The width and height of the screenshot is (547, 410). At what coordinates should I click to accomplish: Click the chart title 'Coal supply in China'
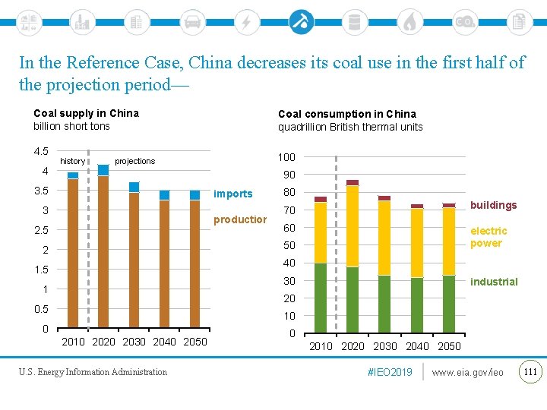point(86,113)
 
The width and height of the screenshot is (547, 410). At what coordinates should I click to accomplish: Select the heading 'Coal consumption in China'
point(346,114)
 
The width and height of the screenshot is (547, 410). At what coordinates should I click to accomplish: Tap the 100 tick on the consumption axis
point(286,157)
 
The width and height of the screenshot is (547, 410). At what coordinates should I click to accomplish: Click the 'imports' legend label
point(233,194)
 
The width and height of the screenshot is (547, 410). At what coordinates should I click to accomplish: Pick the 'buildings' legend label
point(493,205)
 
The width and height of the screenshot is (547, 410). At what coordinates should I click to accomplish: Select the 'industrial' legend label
point(494,282)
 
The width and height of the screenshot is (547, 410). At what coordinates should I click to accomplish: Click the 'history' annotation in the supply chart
point(72,161)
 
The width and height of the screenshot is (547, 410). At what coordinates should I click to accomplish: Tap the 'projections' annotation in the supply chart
point(134,161)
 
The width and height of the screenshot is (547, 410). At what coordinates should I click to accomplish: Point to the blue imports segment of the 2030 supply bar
point(134,187)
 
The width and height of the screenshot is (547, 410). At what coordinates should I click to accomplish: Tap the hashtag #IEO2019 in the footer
point(390,372)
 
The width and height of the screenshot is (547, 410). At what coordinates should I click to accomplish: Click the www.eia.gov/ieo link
point(467,372)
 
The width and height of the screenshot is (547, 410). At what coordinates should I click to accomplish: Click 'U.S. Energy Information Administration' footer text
point(93,372)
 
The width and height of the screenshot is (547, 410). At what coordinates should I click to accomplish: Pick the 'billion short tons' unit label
point(71,126)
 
